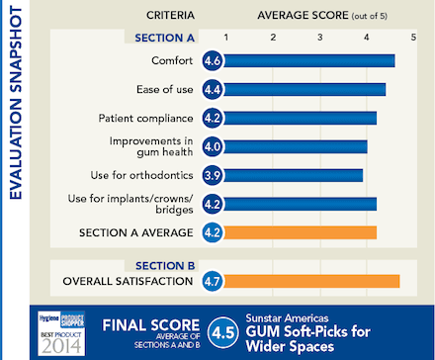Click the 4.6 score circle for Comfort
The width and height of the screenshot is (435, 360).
tap(213, 61)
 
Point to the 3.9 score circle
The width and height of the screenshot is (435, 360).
tap(213, 176)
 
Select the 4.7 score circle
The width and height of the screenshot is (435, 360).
tap(213, 282)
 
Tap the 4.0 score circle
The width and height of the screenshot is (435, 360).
tap(213, 147)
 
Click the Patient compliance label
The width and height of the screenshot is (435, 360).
tap(146, 119)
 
